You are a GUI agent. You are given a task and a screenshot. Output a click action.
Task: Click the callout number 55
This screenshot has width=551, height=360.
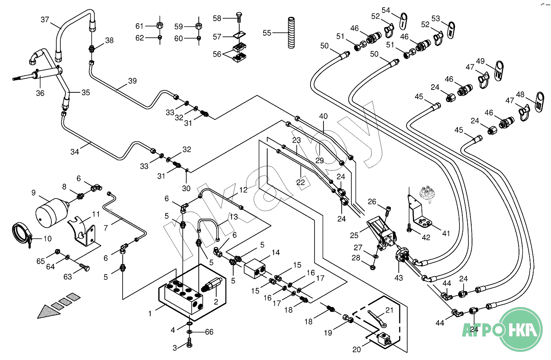[x=267, y=33]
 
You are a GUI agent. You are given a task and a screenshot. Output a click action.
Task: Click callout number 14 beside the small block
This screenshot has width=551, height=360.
[x=275, y=253]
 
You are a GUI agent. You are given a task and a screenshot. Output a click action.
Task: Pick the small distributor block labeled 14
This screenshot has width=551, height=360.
[x=255, y=268]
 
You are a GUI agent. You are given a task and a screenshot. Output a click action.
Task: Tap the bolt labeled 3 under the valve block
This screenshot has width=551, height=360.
[x=189, y=345]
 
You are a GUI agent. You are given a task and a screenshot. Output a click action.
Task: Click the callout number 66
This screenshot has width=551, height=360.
[x=209, y=332]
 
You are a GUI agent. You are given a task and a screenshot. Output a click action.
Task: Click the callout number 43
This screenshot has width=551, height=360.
[x=399, y=278]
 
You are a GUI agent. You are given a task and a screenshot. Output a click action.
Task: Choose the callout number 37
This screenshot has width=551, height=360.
[x=45, y=19]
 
